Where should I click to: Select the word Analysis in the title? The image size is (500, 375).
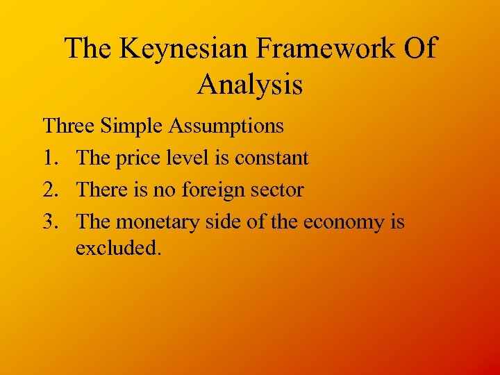pos(250,85)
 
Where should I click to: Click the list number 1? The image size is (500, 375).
pos(49,158)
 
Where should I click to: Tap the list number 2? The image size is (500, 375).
pos(50,190)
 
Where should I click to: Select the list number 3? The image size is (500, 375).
pos(50,222)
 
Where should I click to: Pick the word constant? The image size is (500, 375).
pos(272,158)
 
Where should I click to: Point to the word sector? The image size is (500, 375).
pos(276,190)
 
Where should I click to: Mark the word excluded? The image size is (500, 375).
pos(118,248)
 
